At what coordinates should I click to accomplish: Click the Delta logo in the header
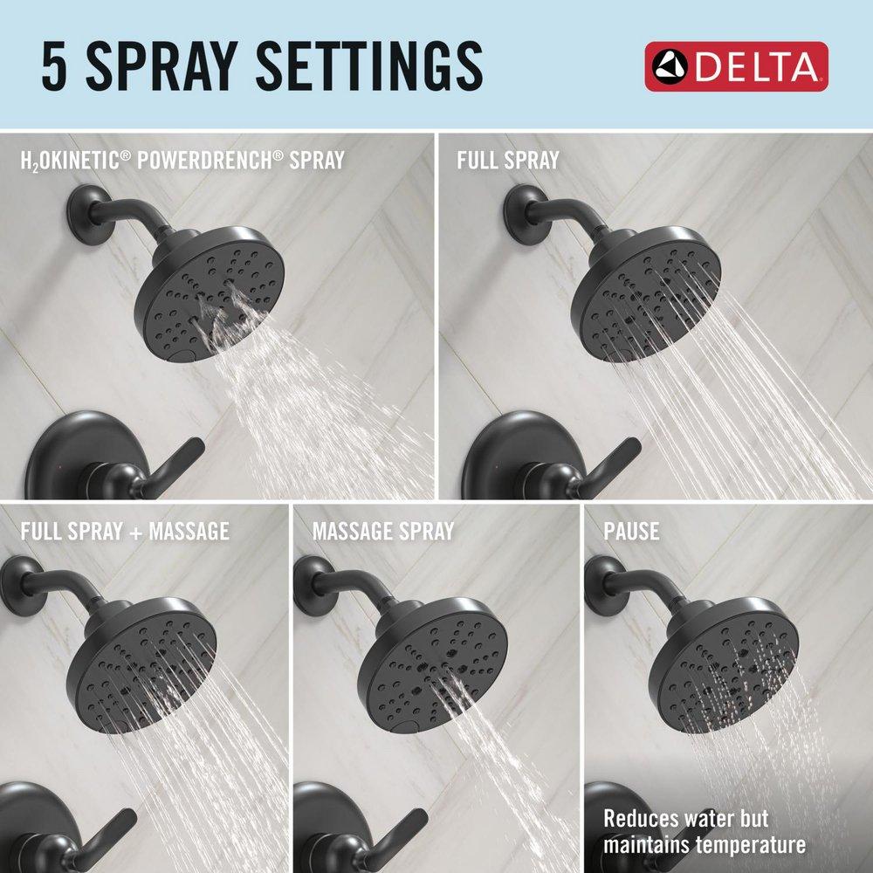coord(735,66)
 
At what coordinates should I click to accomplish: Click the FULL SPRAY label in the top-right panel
coord(508,160)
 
